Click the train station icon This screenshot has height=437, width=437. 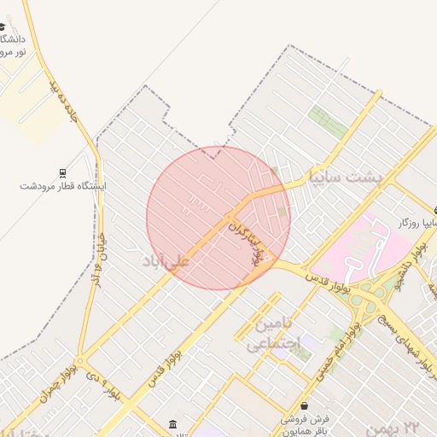click(x=62, y=172)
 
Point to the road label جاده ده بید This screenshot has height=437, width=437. click(x=64, y=102)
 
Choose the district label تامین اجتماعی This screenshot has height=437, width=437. click(x=274, y=334)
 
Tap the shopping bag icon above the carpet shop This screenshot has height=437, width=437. click(x=306, y=405)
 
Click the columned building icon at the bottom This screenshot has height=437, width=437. click(x=173, y=425)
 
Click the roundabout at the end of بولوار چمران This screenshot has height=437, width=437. click(x=80, y=360)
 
